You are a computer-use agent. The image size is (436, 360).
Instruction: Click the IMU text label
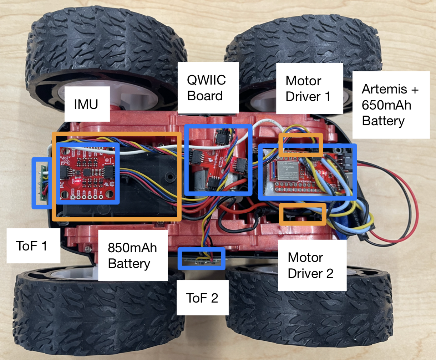86,104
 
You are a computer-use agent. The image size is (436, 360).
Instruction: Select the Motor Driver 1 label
308,89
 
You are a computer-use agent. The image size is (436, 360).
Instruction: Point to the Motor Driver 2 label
311,265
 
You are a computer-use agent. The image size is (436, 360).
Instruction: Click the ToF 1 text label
32,246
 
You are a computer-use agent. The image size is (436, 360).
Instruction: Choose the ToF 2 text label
202,298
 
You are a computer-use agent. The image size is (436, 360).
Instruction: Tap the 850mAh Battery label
132,255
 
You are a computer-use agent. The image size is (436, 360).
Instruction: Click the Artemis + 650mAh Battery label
390,105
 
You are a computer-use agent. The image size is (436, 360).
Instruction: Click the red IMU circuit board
88,173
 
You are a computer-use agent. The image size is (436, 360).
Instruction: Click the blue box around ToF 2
202,259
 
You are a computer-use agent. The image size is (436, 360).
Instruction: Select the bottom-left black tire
96,314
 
